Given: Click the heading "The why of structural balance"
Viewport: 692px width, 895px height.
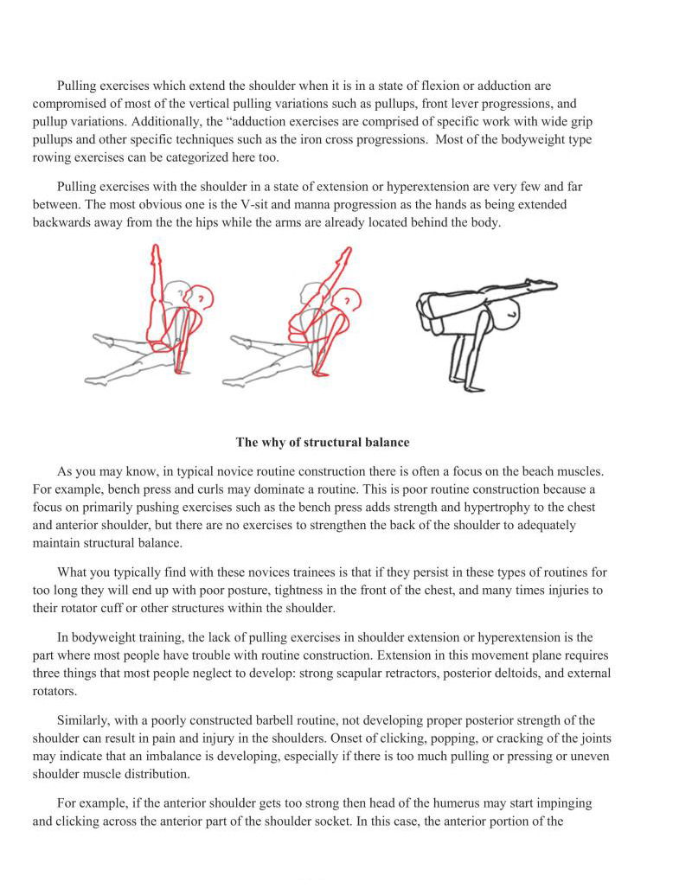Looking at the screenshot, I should (x=323, y=442).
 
